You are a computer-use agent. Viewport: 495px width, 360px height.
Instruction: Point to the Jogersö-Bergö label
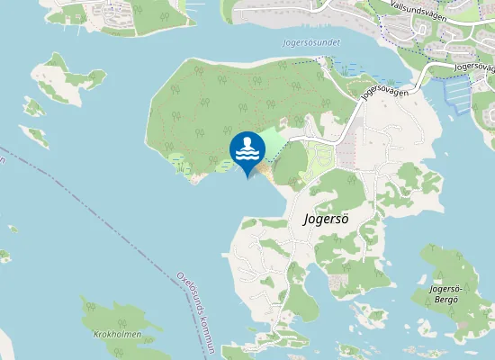click(x=445, y=293)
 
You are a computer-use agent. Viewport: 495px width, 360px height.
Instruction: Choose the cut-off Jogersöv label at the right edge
click(x=474, y=66)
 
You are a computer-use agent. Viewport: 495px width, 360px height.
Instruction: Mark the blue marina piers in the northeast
click(x=456, y=94)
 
